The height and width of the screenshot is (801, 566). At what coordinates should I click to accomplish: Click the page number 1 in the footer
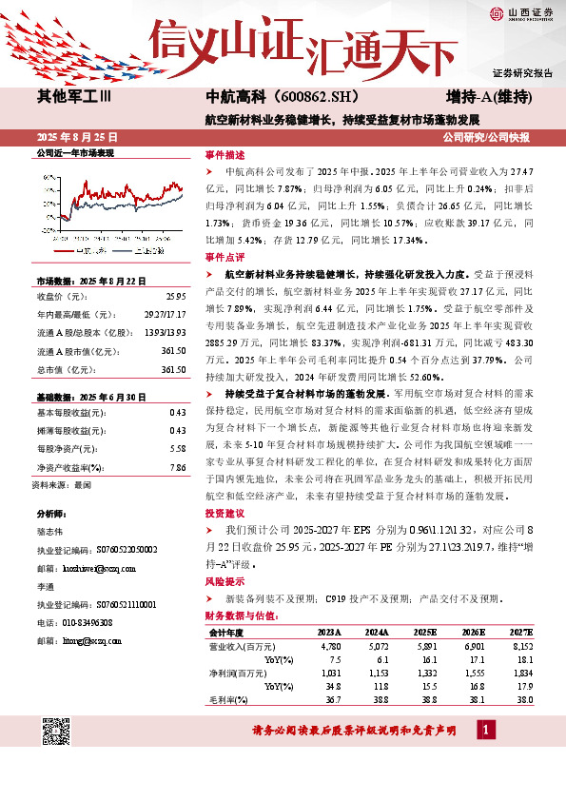coord(487,731)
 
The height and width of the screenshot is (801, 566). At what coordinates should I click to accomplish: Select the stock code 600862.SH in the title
coord(305,97)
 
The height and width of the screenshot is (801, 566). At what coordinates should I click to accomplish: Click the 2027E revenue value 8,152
coord(521,645)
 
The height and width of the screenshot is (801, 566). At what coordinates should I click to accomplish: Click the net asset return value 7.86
coord(177,468)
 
